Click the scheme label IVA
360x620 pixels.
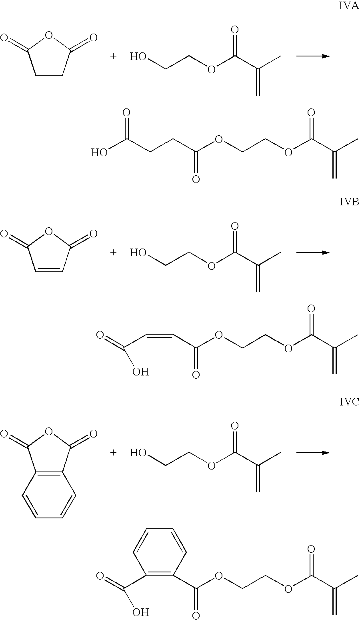click(348, 7)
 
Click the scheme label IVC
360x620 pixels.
click(349, 402)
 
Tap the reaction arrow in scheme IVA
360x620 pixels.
click(313, 56)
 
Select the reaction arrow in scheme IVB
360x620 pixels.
click(313, 253)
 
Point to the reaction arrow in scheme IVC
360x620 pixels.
click(313, 453)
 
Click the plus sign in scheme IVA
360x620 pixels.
click(113, 56)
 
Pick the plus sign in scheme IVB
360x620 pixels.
click(113, 253)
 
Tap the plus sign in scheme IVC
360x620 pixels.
click(113, 453)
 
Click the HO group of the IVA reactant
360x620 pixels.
click(138, 56)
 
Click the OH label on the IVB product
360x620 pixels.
click(140, 372)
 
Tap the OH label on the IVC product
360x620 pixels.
click(140, 612)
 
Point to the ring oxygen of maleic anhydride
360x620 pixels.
click(49, 231)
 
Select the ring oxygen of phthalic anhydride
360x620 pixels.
click(49, 431)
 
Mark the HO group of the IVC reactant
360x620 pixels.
click(138, 453)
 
